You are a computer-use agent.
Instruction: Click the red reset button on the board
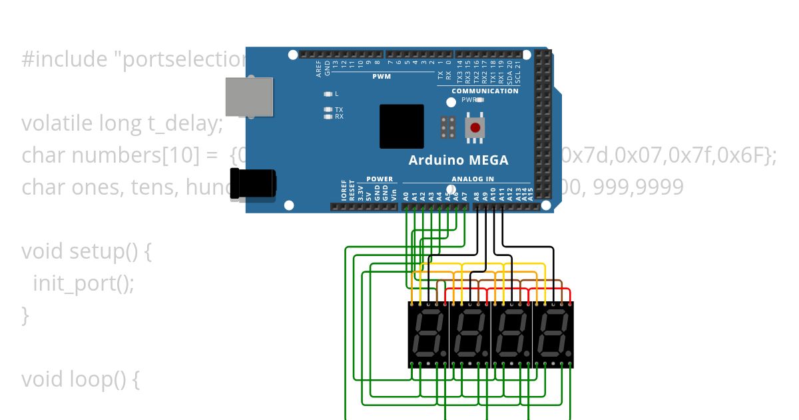(475, 127)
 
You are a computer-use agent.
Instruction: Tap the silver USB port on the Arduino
(249, 97)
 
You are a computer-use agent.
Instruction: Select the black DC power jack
(252, 184)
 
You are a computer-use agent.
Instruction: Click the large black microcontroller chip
(401, 126)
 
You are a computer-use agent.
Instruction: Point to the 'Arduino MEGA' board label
(458, 161)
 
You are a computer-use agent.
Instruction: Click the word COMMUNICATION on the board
(485, 91)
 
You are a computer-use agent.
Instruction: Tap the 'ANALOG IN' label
(473, 179)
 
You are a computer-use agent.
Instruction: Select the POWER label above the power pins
(380, 179)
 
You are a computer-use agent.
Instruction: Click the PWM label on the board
(382, 77)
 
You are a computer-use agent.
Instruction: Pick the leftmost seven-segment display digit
(428, 333)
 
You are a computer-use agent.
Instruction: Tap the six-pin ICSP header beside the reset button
(448, 127)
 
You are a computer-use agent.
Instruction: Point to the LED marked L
(328, 94)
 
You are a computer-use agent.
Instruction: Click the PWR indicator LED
(479, 100)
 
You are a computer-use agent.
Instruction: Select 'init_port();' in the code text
(83, 283)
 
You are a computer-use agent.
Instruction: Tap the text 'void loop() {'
(80, 379)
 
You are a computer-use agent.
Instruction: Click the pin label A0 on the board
(406, 197)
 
